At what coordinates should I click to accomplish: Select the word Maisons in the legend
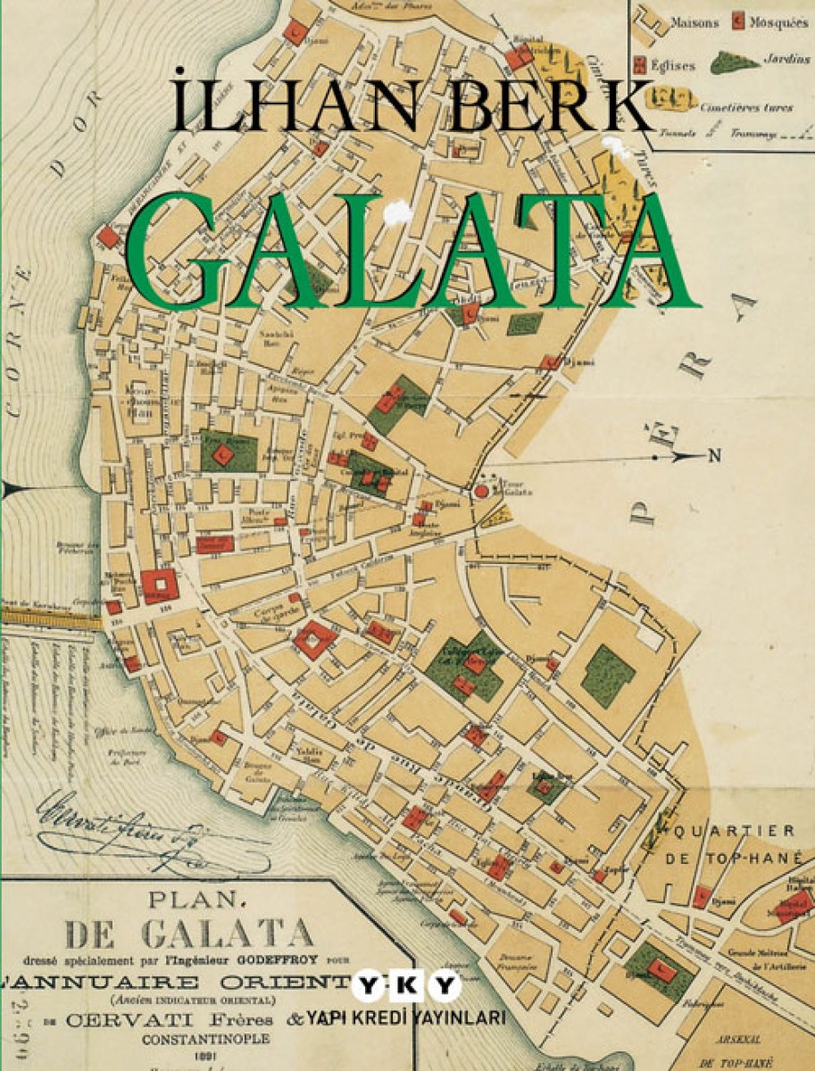click(x=694, y=23)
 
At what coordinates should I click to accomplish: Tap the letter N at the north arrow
click(x=714, y=457)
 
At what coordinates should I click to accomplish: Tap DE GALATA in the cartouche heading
click(x=191, y=934)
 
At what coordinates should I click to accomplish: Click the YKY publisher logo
click(x=406, y=988)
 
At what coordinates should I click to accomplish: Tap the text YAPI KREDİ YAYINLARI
click(x=406, y=1018)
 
